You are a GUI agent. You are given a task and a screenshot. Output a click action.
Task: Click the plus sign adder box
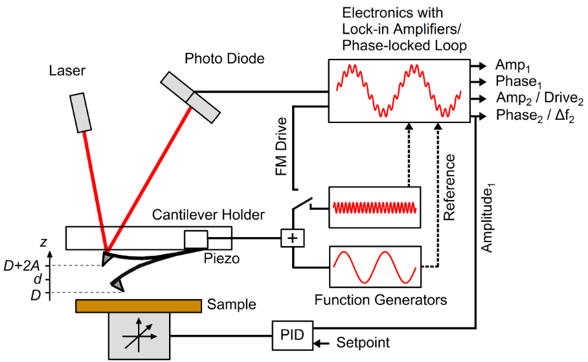click(x=293, y=238)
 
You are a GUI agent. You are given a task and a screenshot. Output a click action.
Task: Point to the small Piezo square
click(x=195, y=239)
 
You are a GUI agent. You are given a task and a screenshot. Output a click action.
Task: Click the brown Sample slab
click(x=138, y=305)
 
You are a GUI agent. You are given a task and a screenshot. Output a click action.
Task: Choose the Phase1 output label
click(x=519, y=82)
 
